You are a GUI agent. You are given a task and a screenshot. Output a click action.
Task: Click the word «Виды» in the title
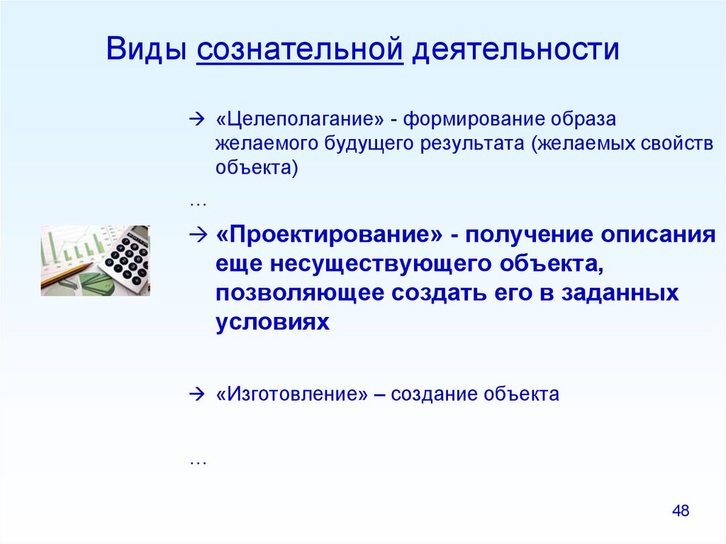click(x=146, y=48)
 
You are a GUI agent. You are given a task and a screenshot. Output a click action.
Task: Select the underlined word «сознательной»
click(x=300, y=49)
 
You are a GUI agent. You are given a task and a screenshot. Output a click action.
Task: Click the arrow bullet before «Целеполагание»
click(x=197, y=119)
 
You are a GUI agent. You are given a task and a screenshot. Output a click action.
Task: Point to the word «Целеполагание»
click(x=300, y=120)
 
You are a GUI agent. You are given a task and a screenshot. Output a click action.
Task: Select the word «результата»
click(x=472, y=144)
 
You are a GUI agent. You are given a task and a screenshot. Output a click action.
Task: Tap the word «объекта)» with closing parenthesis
click(x=257, y=168)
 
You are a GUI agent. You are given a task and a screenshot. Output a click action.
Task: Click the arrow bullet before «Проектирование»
click(x=197, y=235)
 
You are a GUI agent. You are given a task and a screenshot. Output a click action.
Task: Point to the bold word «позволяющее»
click(x=300, y=294)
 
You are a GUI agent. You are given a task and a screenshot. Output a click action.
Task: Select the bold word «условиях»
click(x=272, y=321)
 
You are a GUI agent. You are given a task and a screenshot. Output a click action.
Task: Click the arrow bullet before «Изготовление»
click(x=197, y=394)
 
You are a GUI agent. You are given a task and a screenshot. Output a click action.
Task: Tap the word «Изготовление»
click(x=291, y=394)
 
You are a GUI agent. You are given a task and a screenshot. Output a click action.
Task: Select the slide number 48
click(x=681, y=511)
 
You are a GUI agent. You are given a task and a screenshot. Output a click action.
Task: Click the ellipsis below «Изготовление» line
click(x=198, y=462)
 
